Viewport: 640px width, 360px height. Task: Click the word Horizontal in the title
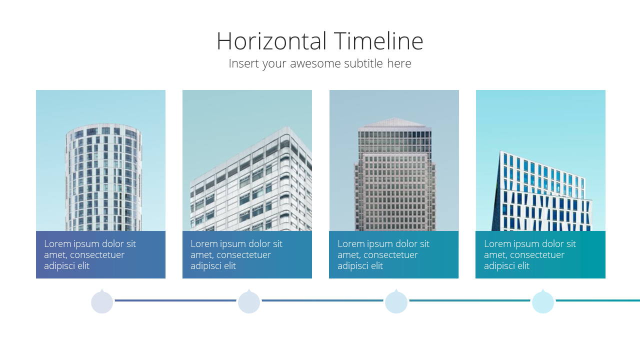click(271, 41)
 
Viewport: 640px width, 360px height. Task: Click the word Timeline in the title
click(378, 41)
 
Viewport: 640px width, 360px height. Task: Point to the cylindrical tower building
click(103, 177)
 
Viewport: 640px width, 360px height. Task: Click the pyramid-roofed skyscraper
click(395, 174)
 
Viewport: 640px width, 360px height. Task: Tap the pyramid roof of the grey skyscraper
click(394, 122)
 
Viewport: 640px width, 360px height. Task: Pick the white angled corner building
click(251, 183)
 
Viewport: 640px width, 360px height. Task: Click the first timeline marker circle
click(102, 302)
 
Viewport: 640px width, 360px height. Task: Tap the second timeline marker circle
click(249, 302)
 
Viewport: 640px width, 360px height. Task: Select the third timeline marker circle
click(396, 302)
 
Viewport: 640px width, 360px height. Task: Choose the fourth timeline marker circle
click(543, 302)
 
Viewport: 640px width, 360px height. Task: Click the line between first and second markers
click(175, 300)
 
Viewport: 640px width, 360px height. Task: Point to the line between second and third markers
click(322, 300)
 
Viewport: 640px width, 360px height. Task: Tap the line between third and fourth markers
click(469, 300)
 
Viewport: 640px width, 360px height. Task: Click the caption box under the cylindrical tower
click(100, 254)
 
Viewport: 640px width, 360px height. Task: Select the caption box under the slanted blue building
click(540, 254)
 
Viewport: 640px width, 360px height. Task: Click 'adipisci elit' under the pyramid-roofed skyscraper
click(360, 266)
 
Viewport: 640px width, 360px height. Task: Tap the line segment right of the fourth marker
click(598, 300)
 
